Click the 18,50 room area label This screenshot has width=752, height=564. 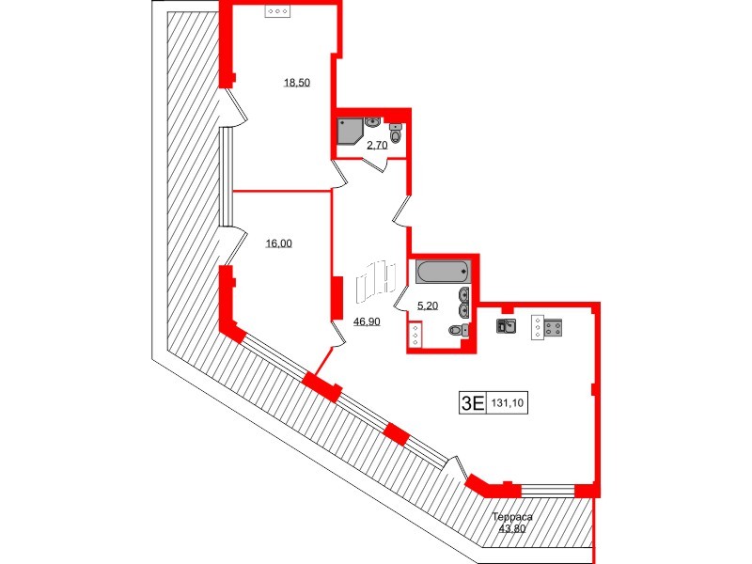pos(297,83)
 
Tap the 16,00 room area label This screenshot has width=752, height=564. pos(278,243)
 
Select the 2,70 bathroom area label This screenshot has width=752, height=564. pos(377,145)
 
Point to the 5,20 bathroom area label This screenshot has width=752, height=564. pos(428,305)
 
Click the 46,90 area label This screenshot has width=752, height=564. pos(367,321)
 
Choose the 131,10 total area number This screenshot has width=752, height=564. pos(508,403)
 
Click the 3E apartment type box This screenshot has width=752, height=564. pos(473,403)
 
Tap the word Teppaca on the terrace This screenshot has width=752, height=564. pos(512,518)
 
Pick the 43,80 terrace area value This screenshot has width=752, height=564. pos(512,528)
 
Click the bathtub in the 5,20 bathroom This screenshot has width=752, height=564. pos(443,272)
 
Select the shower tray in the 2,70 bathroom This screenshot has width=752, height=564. pos(350,131)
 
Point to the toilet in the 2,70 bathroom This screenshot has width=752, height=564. pos(395,133)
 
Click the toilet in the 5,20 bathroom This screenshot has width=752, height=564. pos(459,330)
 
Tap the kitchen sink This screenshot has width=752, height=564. pos(506,325)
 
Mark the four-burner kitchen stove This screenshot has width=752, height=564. pos(553,328)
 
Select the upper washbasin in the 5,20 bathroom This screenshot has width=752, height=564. pos(463,294)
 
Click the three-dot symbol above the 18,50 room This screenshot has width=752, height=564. pos(278,11)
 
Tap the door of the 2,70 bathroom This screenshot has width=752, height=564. pos(374,164)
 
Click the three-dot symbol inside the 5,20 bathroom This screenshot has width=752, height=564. pos(415,335)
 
